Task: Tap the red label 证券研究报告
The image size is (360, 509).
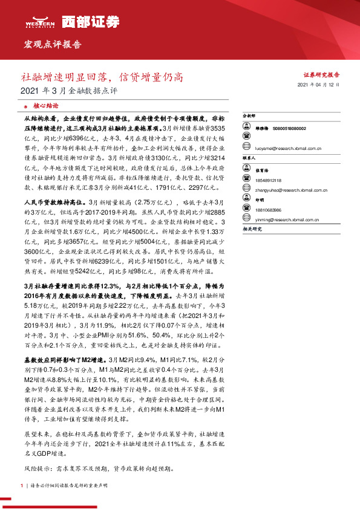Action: point(321,75)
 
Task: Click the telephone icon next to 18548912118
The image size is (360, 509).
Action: point(246,180)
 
